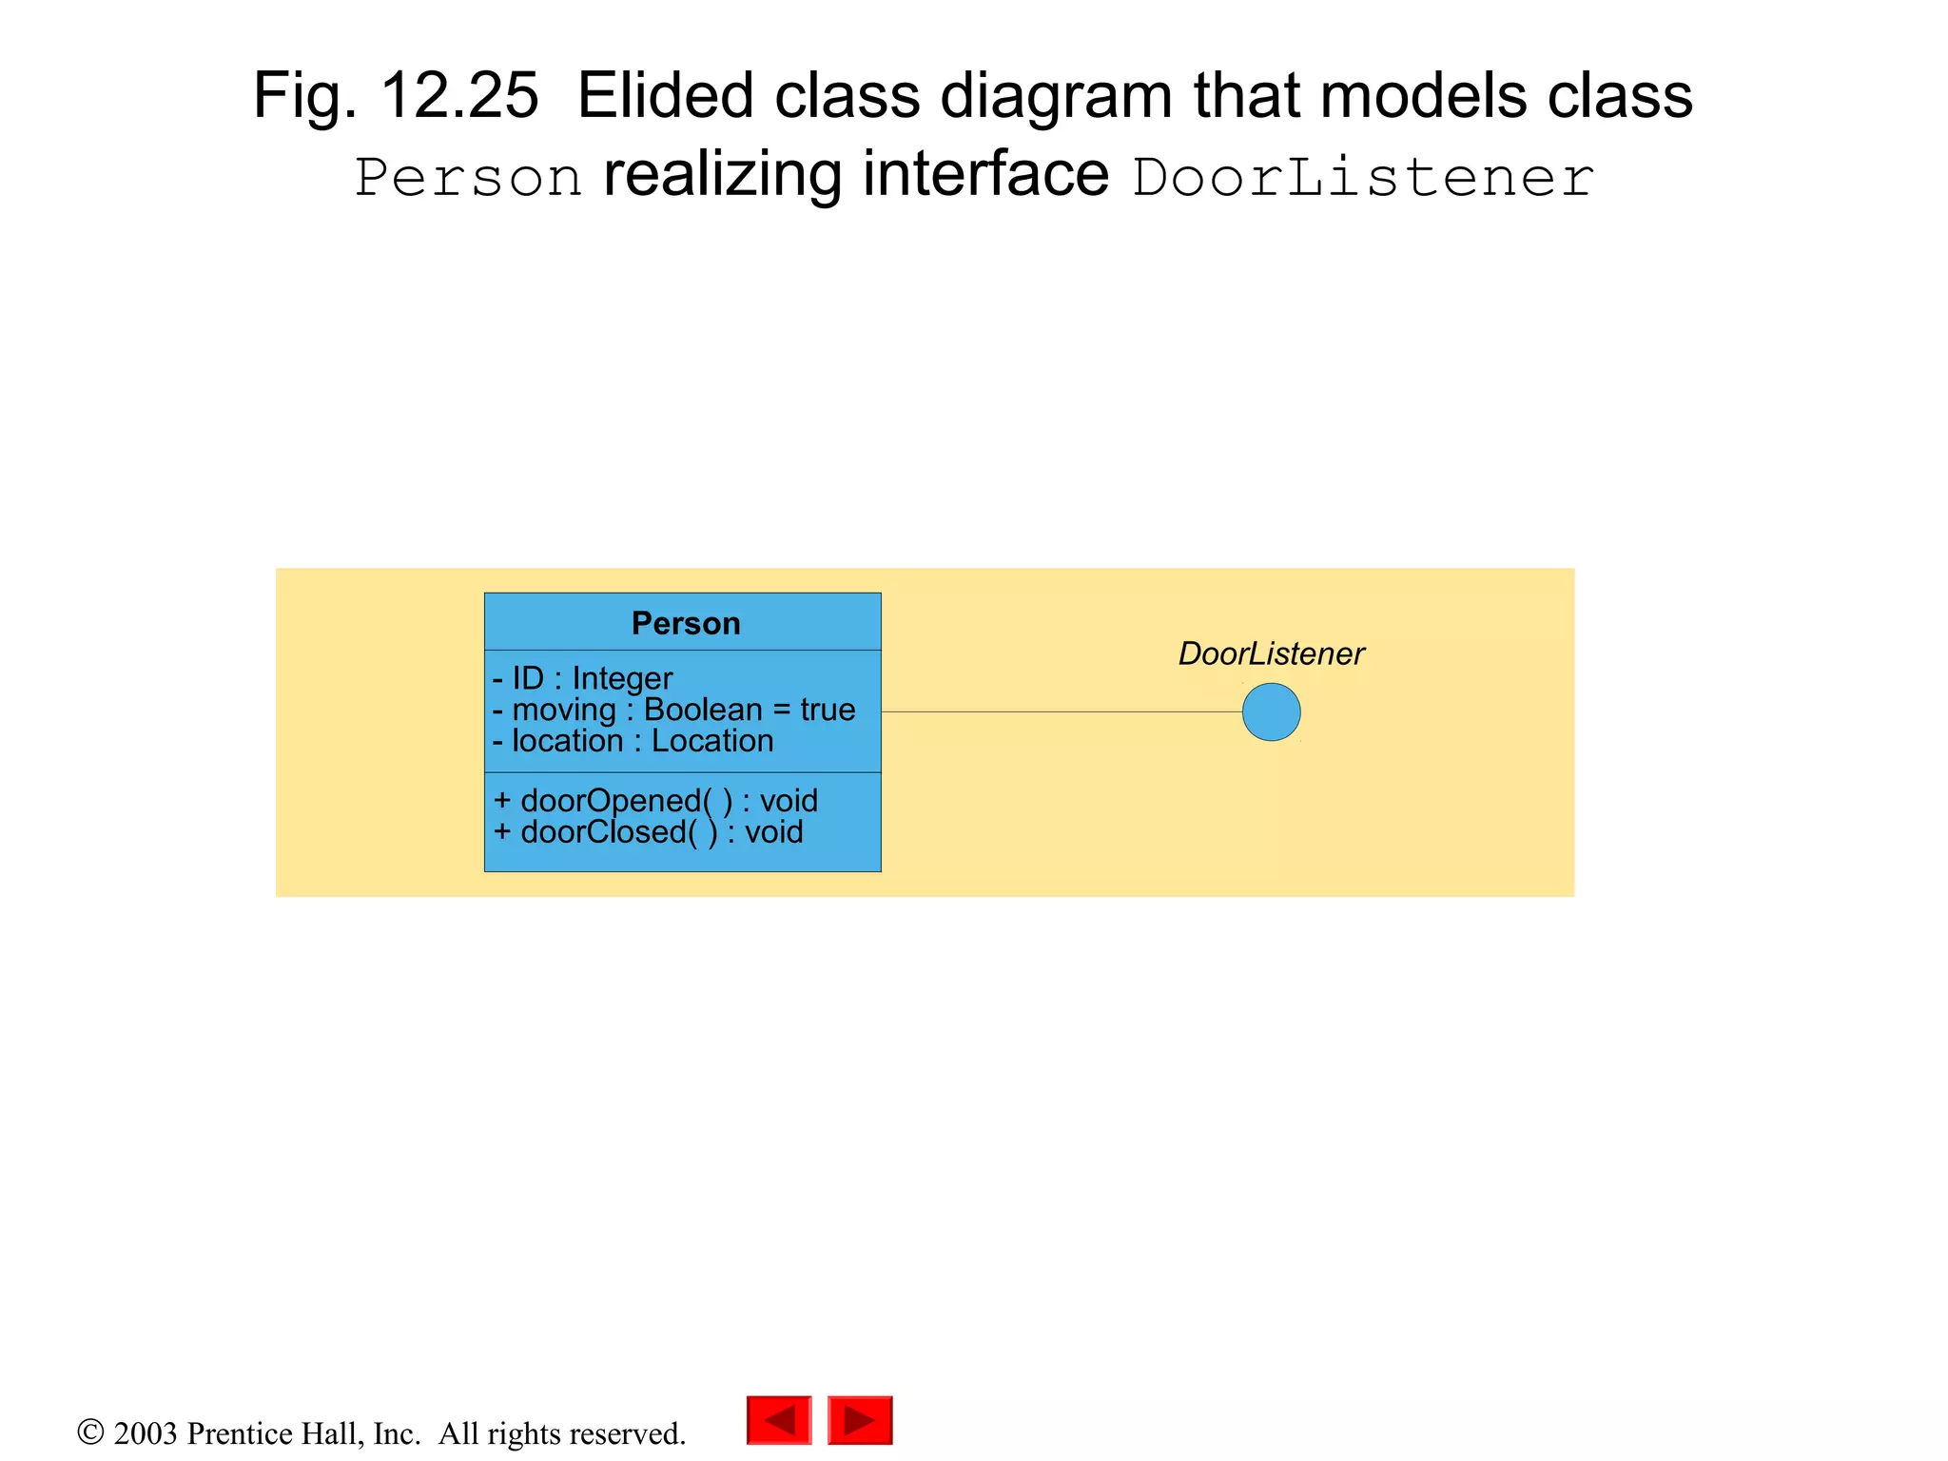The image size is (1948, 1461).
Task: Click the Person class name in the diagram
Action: click(685, 624)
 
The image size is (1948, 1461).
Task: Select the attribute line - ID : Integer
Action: click(582, 678)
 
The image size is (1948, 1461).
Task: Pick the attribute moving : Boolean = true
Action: click(673, 710)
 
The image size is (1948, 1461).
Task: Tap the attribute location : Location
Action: click(633, 741)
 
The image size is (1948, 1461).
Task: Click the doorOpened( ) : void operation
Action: click(655, 801)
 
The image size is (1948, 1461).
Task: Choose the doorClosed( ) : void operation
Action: click(648, 832)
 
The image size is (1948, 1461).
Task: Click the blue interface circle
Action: click(1271, 712)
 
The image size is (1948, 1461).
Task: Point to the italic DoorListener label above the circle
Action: click(1271, 653)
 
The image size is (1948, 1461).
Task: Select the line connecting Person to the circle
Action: click(1061, 711)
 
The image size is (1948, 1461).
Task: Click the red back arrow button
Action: click(779, 1420)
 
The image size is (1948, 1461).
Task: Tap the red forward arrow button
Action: click(860, 1420)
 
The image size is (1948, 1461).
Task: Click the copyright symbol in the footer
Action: click(90, 1432)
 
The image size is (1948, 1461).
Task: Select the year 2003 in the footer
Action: click(146, 1433)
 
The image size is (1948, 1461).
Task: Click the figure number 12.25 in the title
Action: click(459, 95)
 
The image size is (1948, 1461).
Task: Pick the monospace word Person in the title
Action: click(469, 178)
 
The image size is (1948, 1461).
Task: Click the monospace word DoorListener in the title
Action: click(1362, 178)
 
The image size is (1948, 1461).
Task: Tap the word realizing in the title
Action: click(723, 176)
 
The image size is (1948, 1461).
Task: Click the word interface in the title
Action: click(985, 176)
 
